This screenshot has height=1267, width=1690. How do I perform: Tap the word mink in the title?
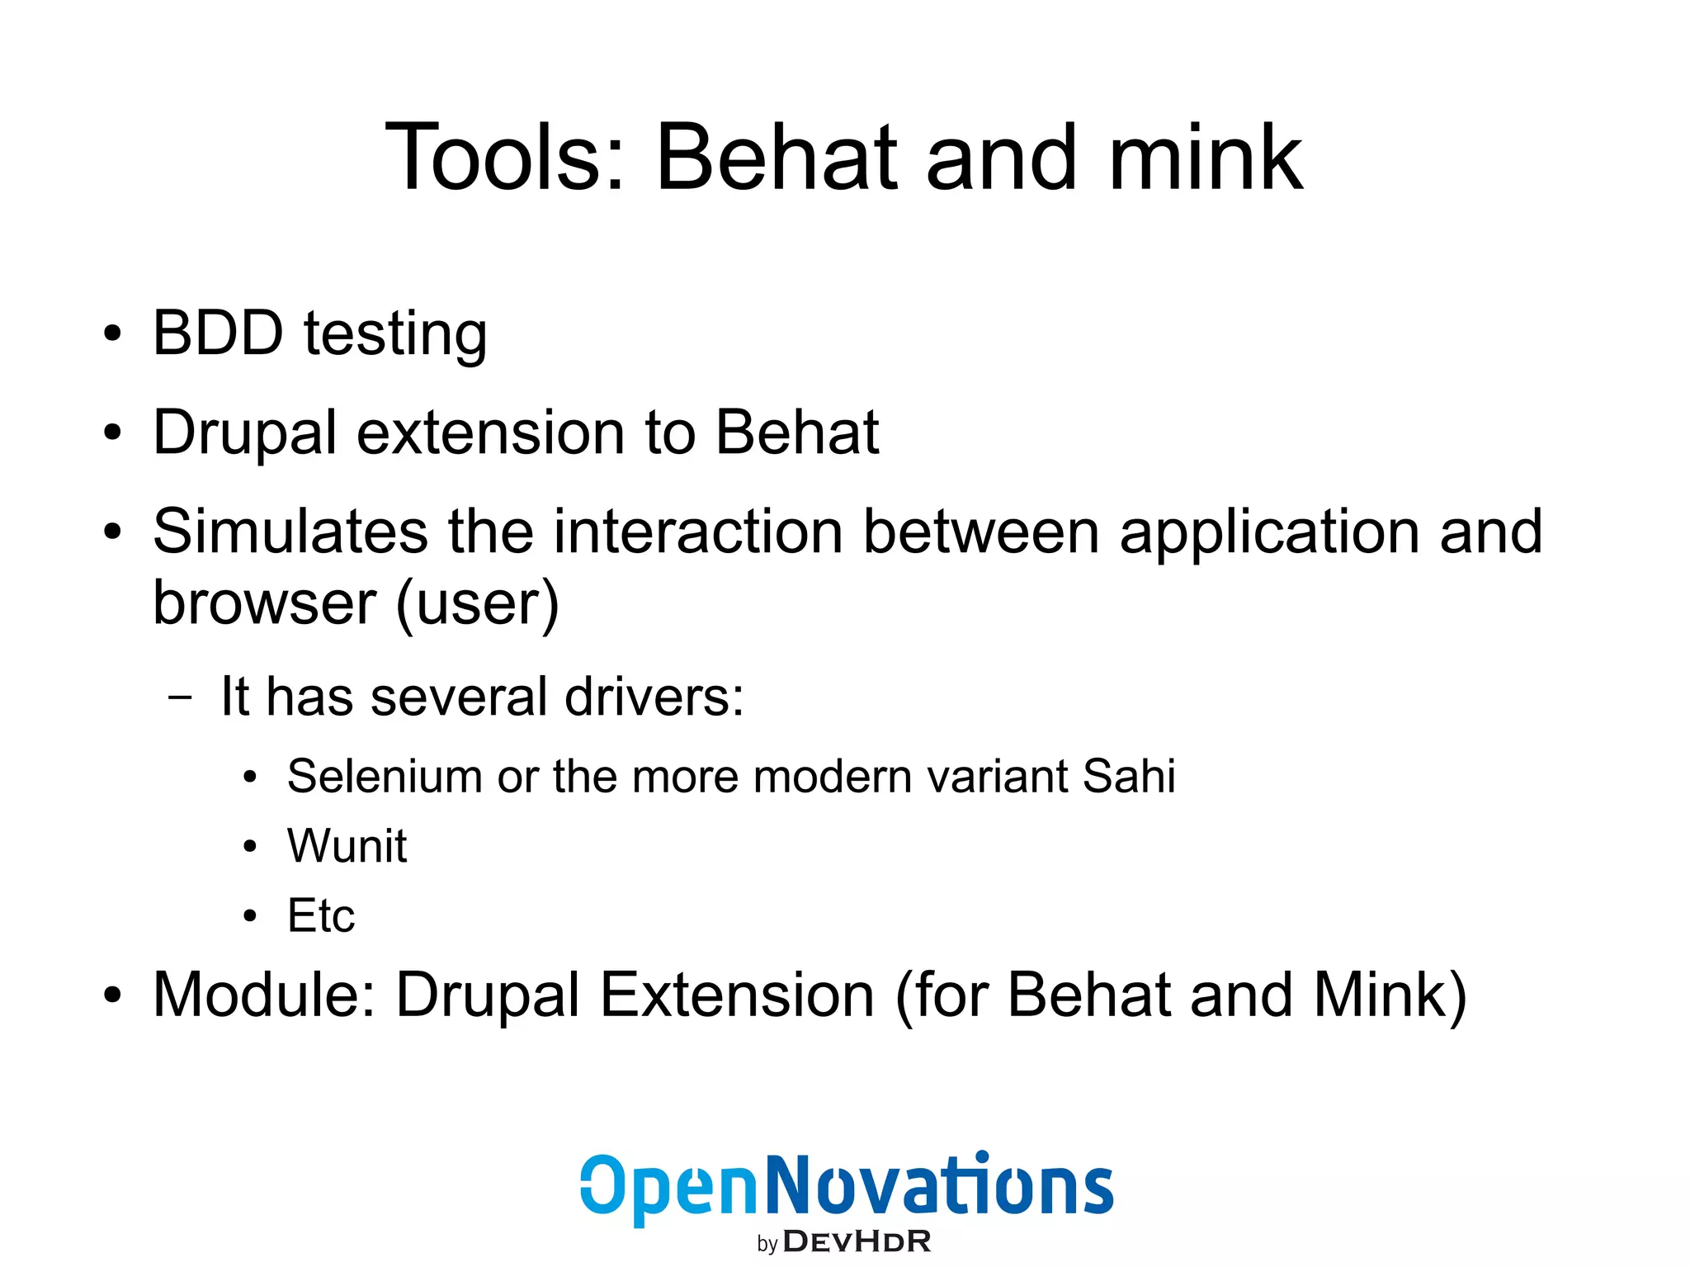[x=1206, y=157]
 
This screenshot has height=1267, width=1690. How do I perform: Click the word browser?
[x=265, y=603]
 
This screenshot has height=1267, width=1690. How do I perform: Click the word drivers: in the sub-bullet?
[x=654, y=697]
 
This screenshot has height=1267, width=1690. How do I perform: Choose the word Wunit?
[x=347, y=846]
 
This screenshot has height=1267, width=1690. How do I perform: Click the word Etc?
[x=320, y=915]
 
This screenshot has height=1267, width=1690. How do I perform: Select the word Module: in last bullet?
[x=264, y=995]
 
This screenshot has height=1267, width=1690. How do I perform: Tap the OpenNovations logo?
[x=846, y=1186]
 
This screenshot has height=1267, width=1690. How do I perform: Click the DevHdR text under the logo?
[x=856, y=1241]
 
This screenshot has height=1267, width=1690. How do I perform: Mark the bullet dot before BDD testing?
[x=112, y=335]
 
